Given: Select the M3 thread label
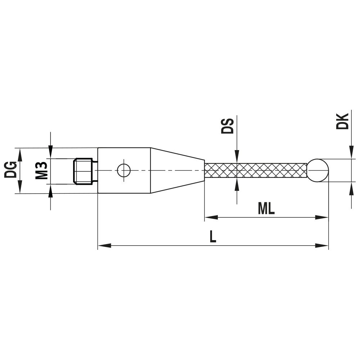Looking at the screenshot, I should [x=42, y=171].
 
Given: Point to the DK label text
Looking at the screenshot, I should [x=342, y=121].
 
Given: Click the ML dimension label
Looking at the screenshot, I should [x=266, y=208].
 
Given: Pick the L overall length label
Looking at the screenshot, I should [x=213, y=237].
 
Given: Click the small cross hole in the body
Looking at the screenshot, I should [x=124, y=170].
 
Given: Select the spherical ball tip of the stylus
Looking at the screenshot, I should [x=318, y=170].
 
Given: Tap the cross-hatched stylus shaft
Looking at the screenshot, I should [x=256, y=170].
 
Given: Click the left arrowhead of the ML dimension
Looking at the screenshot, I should [x=211, y=217].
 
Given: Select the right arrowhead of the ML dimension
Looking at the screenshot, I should [x=322, y=217].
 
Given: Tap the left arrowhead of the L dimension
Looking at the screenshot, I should [x=104, y=246].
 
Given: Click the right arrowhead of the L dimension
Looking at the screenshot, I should [x=322, y=246].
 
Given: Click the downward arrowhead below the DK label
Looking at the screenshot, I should [x=351, y=153].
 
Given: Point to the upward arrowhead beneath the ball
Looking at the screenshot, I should [x=351, y=188].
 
